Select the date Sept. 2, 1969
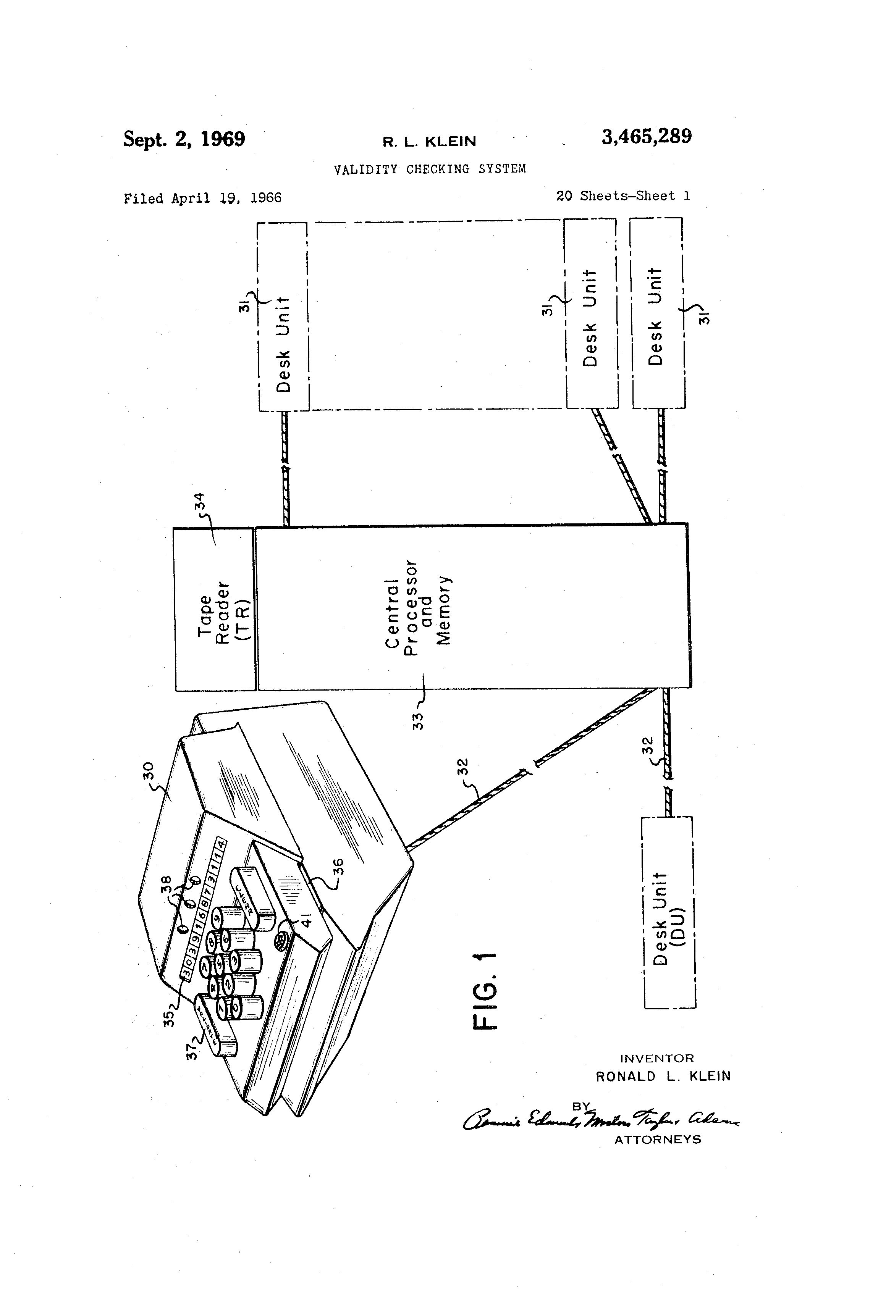coord(184,139)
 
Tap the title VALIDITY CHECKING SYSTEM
coord(430,169)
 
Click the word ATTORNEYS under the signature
coord(658,1139)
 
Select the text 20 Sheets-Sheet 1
coord(623,196)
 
